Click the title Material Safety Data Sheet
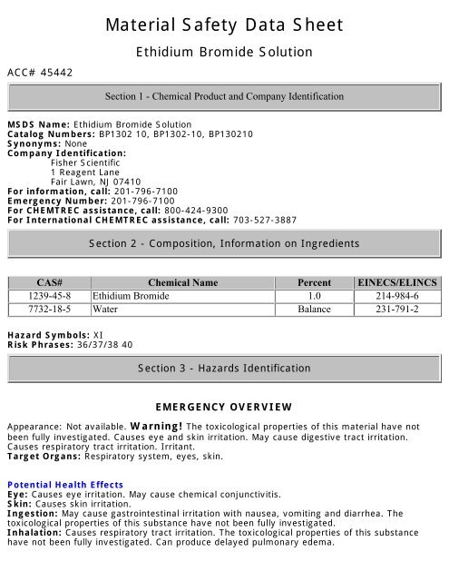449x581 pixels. click(224, 25)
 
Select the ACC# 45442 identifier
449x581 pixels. click(40, 71)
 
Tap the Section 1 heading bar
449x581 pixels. click(224, 96)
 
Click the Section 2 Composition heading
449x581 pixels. click(224, 243)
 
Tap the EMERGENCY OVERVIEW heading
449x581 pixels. click(224, 406)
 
